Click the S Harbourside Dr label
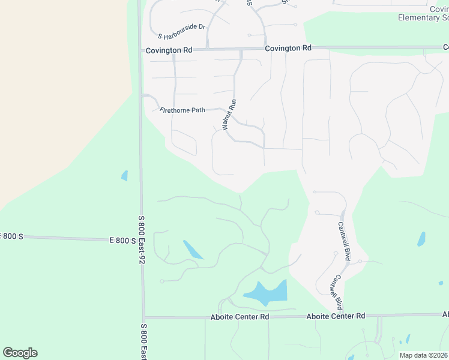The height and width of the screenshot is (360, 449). click(181, 28)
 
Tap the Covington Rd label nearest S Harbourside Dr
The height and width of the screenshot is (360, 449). click(169, 50)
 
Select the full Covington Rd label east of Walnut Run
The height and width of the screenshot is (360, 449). click(288, 47)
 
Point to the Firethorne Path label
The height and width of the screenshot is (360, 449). click(182, 110)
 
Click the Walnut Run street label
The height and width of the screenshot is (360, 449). click(229, 115)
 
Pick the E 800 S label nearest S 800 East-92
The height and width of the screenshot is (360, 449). click(122, 240)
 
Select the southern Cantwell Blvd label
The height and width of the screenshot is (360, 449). click(335, 292)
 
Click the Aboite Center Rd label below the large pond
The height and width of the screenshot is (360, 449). click(240, 316)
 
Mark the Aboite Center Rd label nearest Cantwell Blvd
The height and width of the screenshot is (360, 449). click(336, 316)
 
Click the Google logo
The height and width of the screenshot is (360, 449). click(20, 352)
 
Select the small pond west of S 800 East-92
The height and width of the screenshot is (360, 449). click(125, 176)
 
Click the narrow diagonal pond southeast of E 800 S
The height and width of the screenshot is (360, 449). click(192, 249)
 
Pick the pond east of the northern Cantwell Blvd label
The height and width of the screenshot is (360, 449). click(421, 239)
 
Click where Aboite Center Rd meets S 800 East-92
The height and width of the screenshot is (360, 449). click(144, 317)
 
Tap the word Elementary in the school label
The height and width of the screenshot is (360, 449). click(419, 17)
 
